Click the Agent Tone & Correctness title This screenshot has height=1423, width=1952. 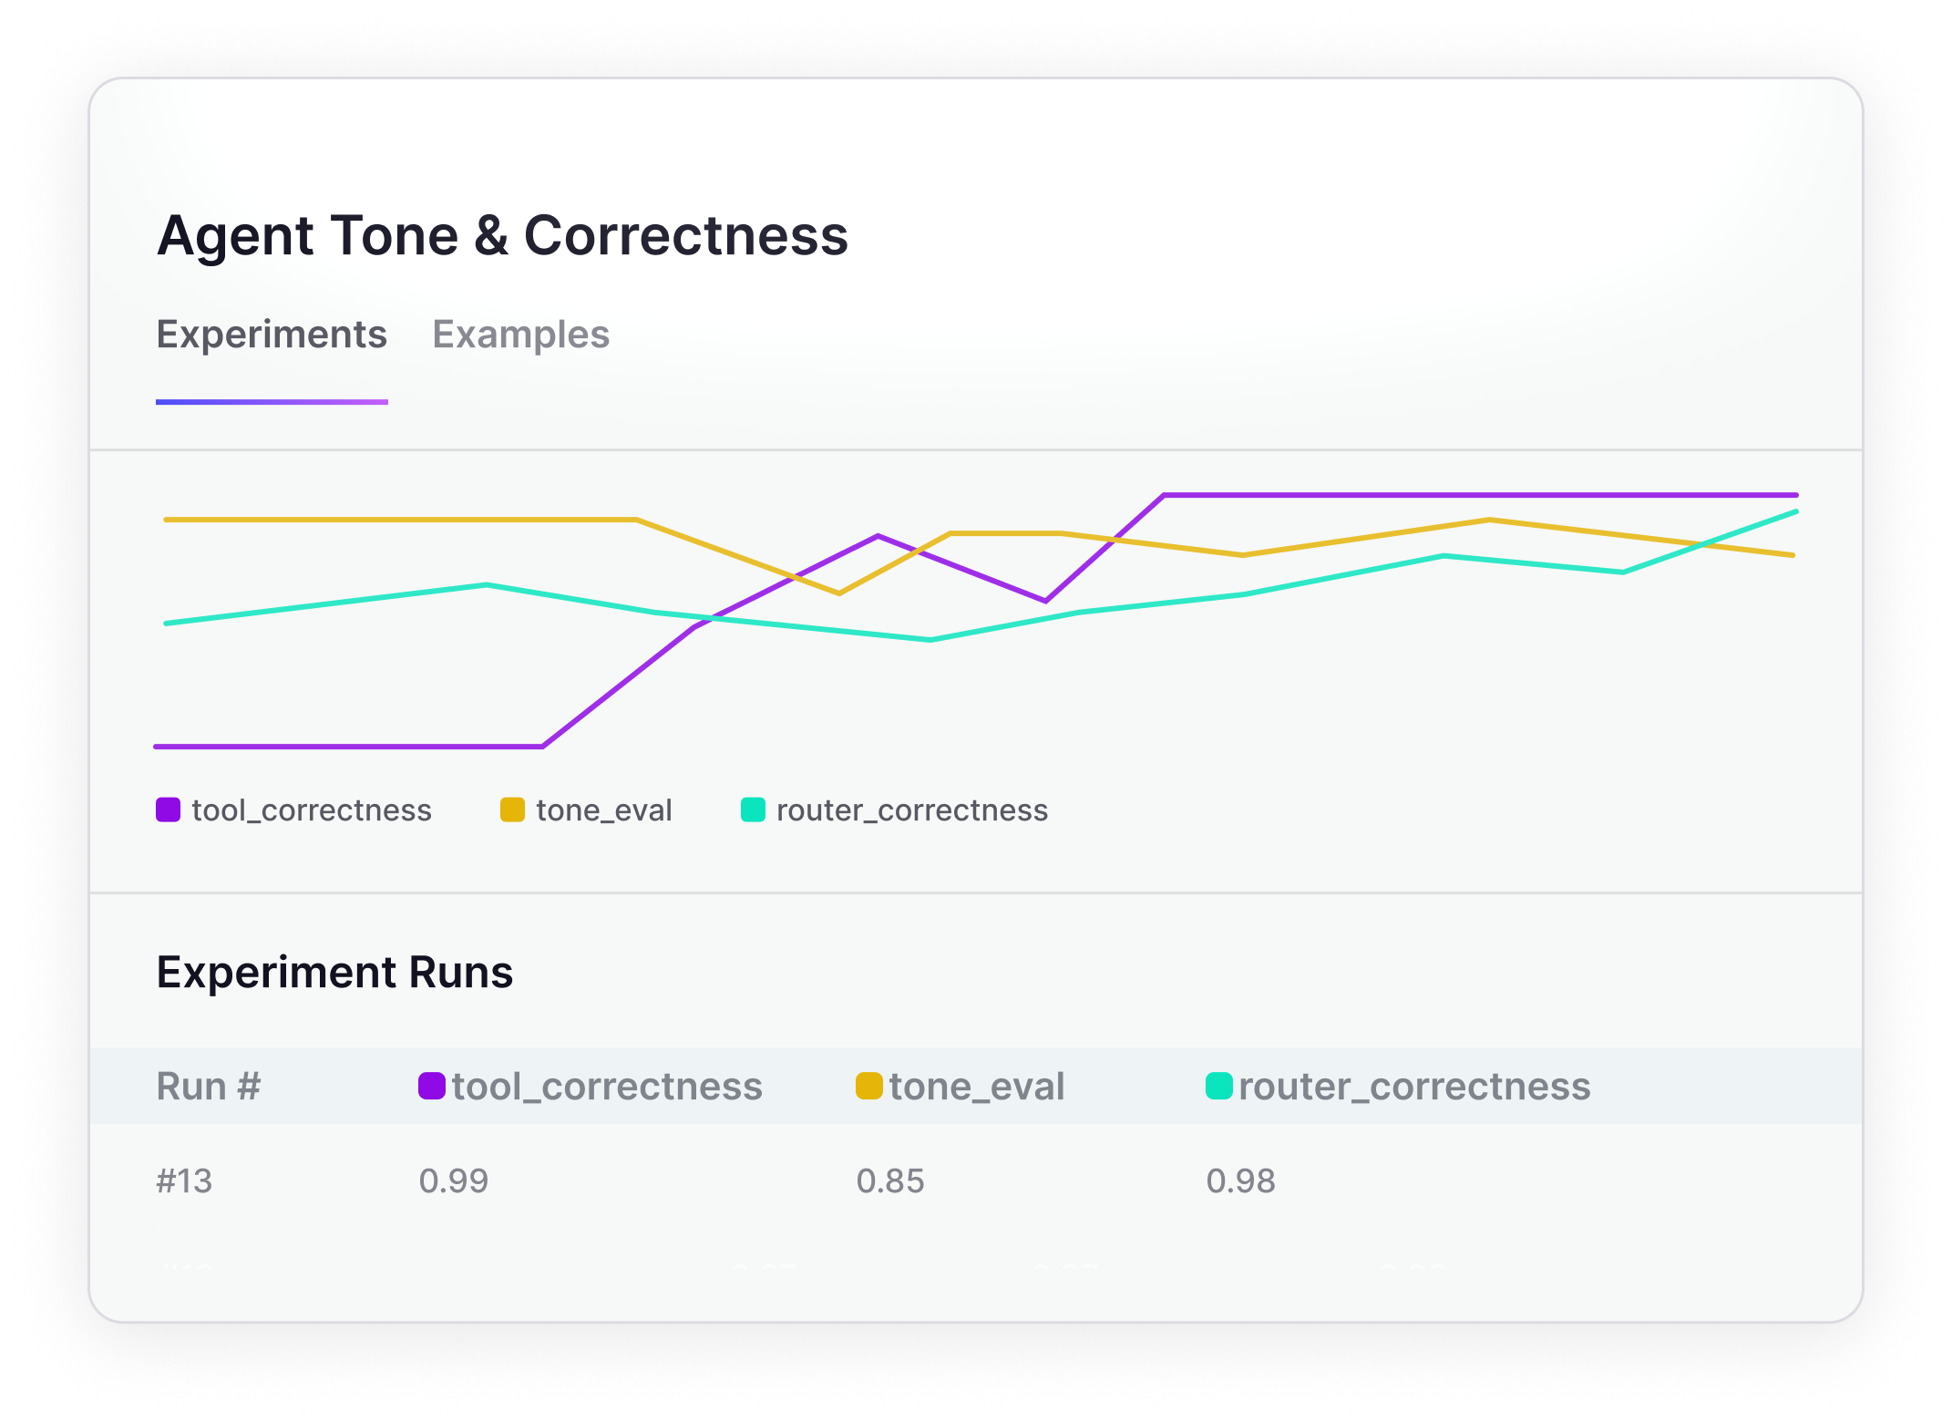502,236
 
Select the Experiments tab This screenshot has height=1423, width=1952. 272,335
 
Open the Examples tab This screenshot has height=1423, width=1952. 520,335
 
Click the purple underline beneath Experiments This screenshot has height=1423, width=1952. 272,401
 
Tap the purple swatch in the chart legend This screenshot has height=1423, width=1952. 168,809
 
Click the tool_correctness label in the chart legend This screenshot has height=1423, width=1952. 312,810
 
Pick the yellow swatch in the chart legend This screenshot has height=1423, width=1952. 512,809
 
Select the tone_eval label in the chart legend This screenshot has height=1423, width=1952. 604,810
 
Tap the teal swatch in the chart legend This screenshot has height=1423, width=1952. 753,809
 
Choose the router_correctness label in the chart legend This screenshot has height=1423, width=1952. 912,810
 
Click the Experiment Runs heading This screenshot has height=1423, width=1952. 334,972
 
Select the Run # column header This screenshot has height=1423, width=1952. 209,1087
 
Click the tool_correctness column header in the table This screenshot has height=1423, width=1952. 607,1087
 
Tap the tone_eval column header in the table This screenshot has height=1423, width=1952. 977,1087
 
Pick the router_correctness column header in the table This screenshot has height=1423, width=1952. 1414,1087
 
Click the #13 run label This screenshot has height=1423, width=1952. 184,1181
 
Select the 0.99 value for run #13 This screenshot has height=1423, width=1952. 454,1181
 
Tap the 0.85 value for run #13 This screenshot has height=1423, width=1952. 890,1181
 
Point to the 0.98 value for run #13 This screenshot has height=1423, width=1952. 1240,1181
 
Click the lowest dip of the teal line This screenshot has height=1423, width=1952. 930,640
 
